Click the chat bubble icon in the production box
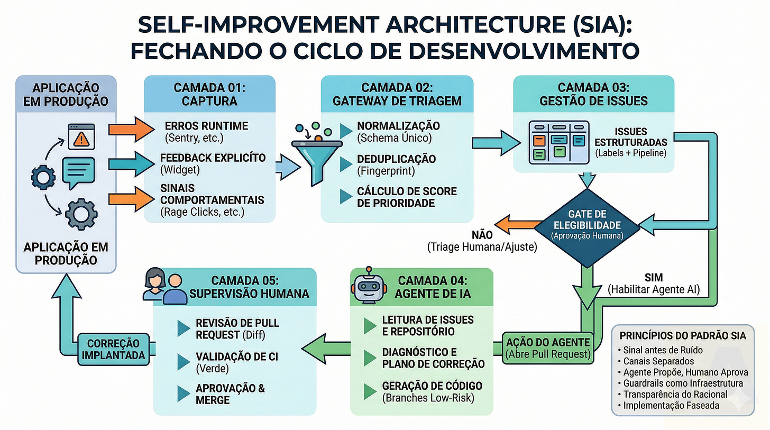[78, 172]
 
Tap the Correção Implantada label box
[113, 349]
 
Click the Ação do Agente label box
[547, 347]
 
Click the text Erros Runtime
[199, 126]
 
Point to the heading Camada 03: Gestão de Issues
[594, 94]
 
